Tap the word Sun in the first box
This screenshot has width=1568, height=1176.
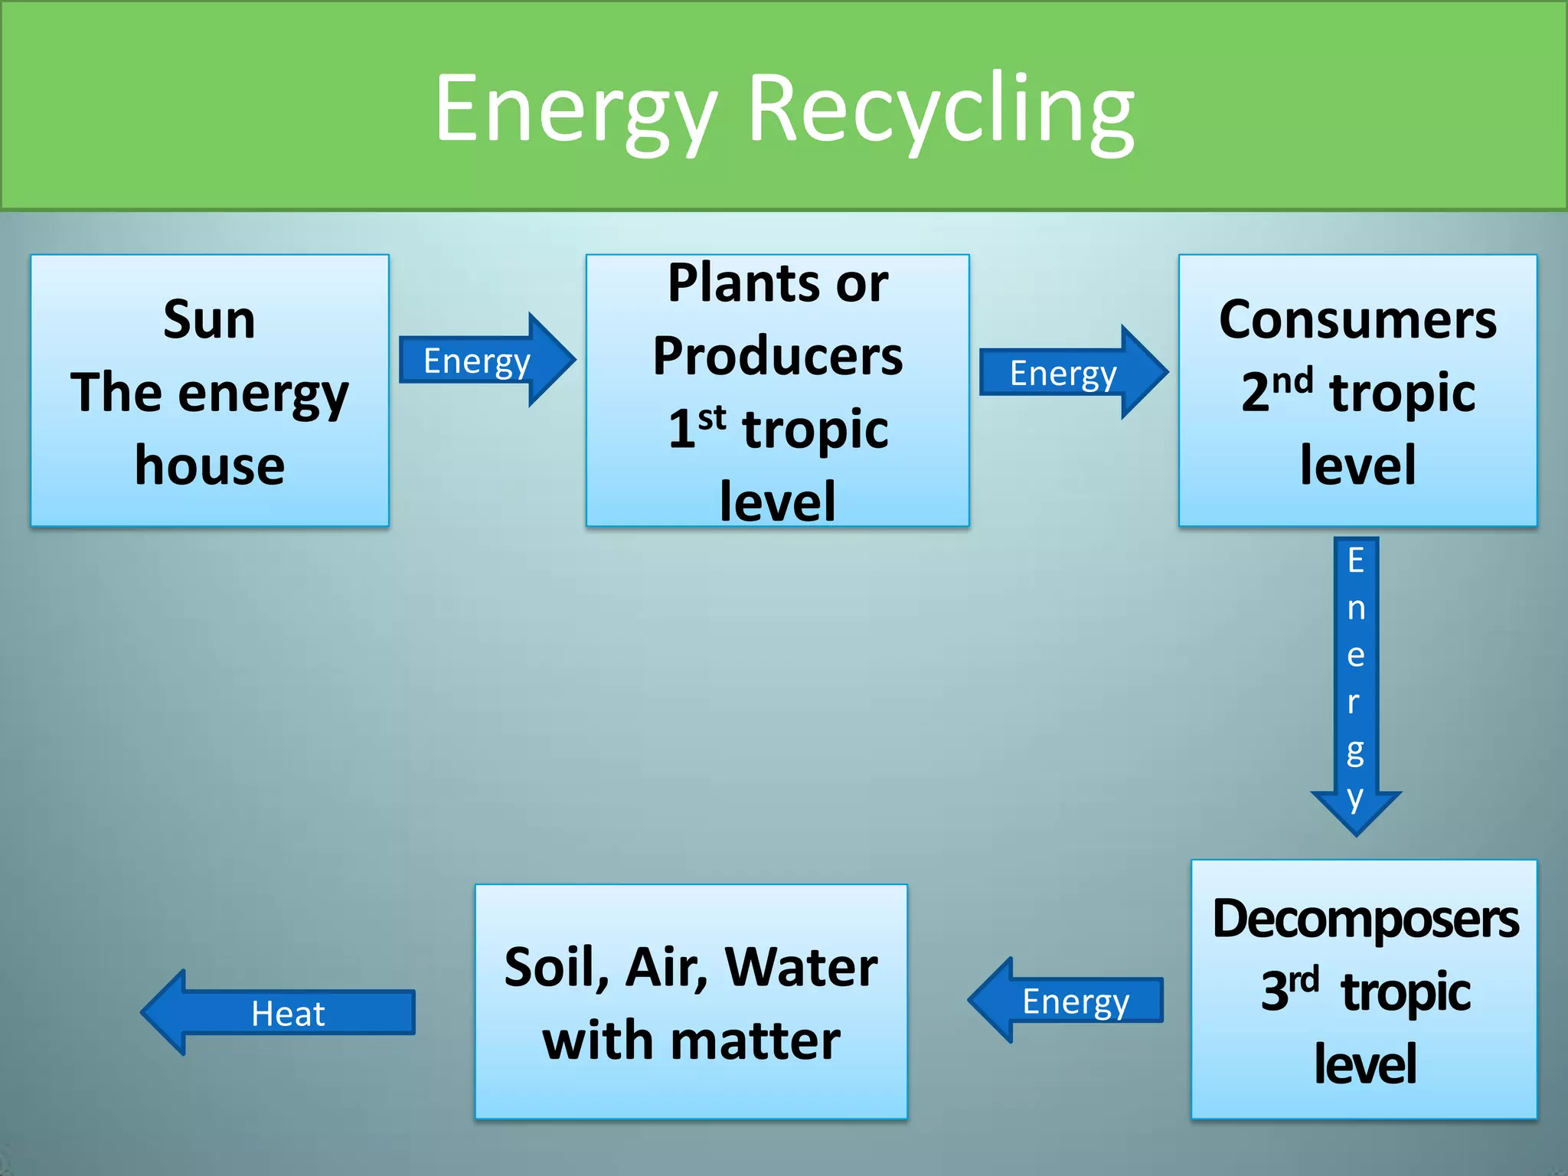(x=209, y=319)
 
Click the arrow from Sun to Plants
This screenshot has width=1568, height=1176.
(x=486, y=360)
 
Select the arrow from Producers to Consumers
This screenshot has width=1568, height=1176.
(x=1072, y=373)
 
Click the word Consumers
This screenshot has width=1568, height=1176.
(x=1357, y=319)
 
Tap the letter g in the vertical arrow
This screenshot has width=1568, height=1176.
(x=1355, y=750)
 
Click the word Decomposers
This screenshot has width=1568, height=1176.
(x=1365, y=919)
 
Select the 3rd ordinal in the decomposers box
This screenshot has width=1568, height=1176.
(x=1289, y=989)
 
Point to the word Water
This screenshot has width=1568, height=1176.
(x=801, y=967)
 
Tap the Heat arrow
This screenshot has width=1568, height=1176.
(x=279, y=1013)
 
